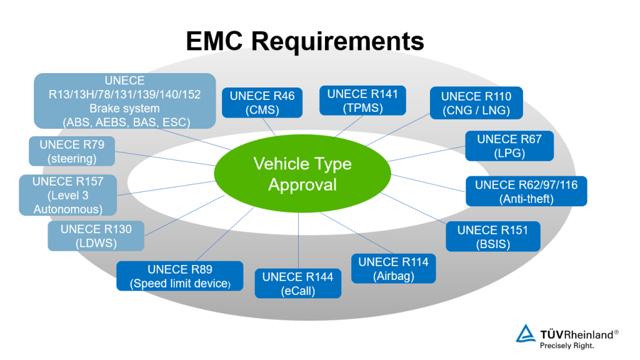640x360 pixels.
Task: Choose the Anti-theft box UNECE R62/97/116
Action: [x=517, y=192]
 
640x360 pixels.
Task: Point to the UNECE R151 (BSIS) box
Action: [x=492, y=236]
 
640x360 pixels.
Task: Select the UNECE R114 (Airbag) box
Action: [x=393, y=269]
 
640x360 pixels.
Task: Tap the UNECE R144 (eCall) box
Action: [x=297, y=283]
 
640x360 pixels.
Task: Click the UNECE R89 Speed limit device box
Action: [x=180, y=276]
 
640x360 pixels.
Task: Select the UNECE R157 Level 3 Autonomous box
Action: [x=67, y=195]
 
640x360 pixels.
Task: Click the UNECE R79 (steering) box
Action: [x=72, y=151]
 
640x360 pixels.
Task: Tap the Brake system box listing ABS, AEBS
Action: [x=125, y=101]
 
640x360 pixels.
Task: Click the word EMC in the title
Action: [x=216, y=41]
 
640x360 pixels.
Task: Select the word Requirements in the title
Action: [x=338, y=41]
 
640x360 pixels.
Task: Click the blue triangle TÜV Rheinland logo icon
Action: [x=526, y=334]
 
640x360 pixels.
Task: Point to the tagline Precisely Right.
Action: [x=567, y=344]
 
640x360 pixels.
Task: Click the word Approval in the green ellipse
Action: [x=302, y=185]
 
